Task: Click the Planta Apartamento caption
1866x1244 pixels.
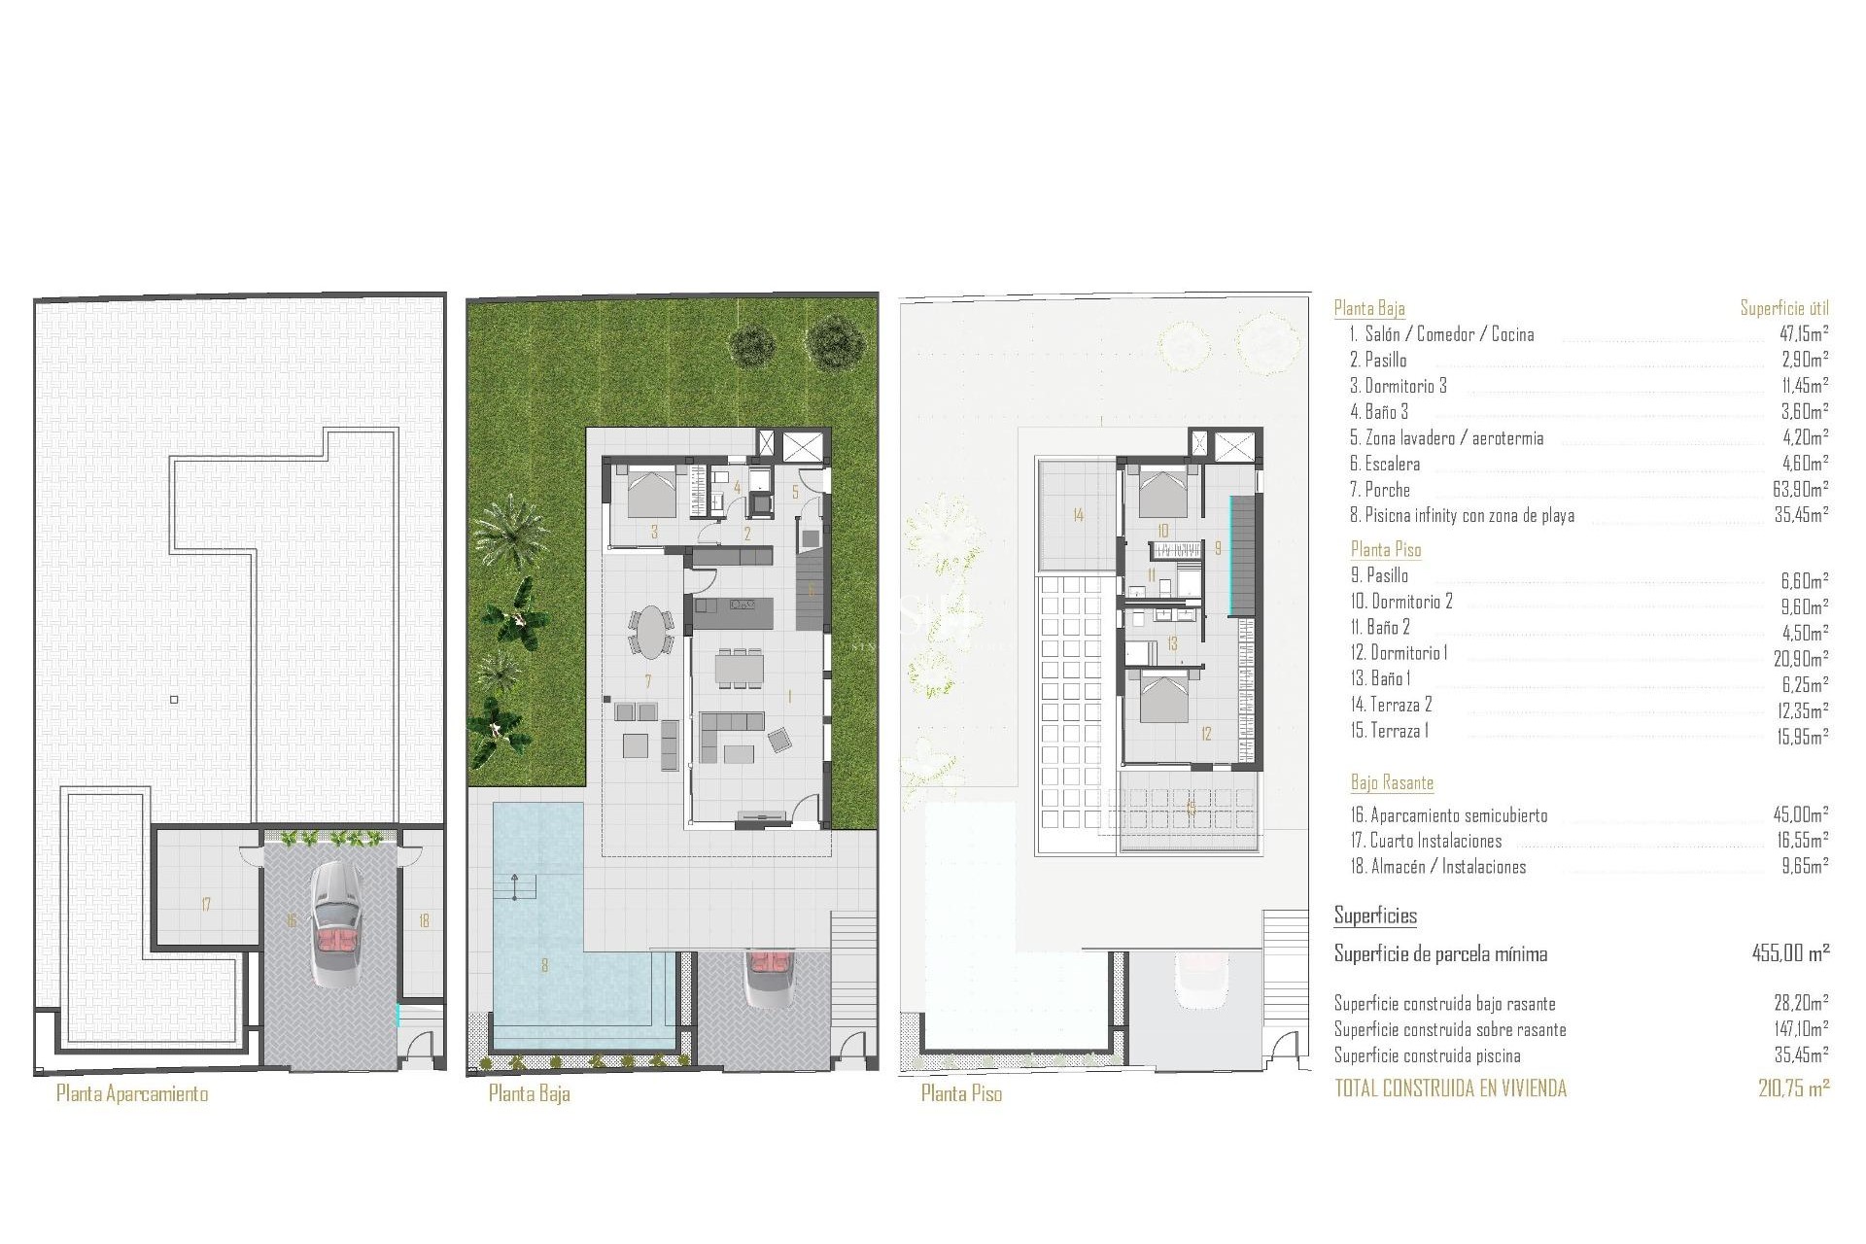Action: (x=132, y=1093)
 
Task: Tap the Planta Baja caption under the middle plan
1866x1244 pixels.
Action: (x=529, y=1093)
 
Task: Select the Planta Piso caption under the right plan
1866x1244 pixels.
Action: (x=961, y=1093)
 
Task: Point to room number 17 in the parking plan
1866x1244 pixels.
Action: (x=206, y=905)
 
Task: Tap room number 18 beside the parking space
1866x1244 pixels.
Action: (x=424, y=920)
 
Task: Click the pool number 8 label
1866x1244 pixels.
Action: (x=544, y=965)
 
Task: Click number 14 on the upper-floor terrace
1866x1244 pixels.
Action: (x=1078, y=515)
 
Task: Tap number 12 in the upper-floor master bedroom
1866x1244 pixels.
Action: (x=1206, y=734)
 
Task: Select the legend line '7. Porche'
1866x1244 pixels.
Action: (x=1379, y=490)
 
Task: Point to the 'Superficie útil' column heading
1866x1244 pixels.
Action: (x=1784, y=309)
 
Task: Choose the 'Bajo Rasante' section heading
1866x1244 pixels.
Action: (x=1392, y=782)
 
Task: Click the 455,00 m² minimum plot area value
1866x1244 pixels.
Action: (x=1790, y=953)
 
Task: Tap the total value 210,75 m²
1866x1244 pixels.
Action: (x=1793, y=1088)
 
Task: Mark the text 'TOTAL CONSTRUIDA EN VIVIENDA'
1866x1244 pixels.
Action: (x=1450, y=1088)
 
